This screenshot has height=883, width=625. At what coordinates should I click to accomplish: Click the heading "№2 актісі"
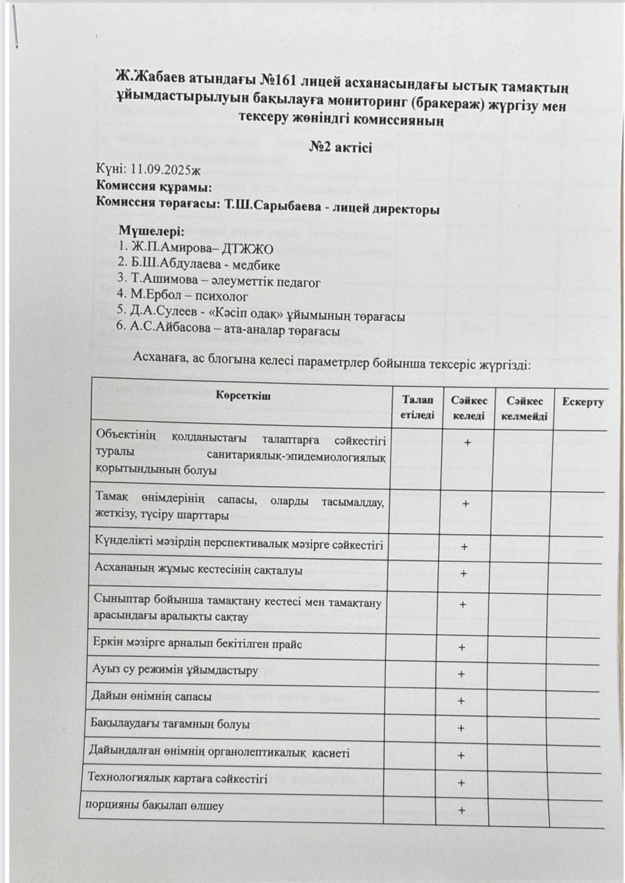click(340, 147)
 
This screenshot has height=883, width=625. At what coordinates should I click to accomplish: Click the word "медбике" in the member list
click(256, 265)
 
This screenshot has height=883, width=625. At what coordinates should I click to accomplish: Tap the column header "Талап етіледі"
click(418, 407)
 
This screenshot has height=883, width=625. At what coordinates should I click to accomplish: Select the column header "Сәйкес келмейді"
click(525, 408)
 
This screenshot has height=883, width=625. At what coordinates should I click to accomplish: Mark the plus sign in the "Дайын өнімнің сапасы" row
click(462, 701)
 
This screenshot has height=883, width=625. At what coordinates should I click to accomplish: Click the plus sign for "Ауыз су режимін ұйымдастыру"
click(462, 674)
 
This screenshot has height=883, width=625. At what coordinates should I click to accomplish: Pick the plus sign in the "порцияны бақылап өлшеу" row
click(462, 810)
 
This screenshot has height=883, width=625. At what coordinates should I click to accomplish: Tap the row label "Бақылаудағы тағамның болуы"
click(170, 724)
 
